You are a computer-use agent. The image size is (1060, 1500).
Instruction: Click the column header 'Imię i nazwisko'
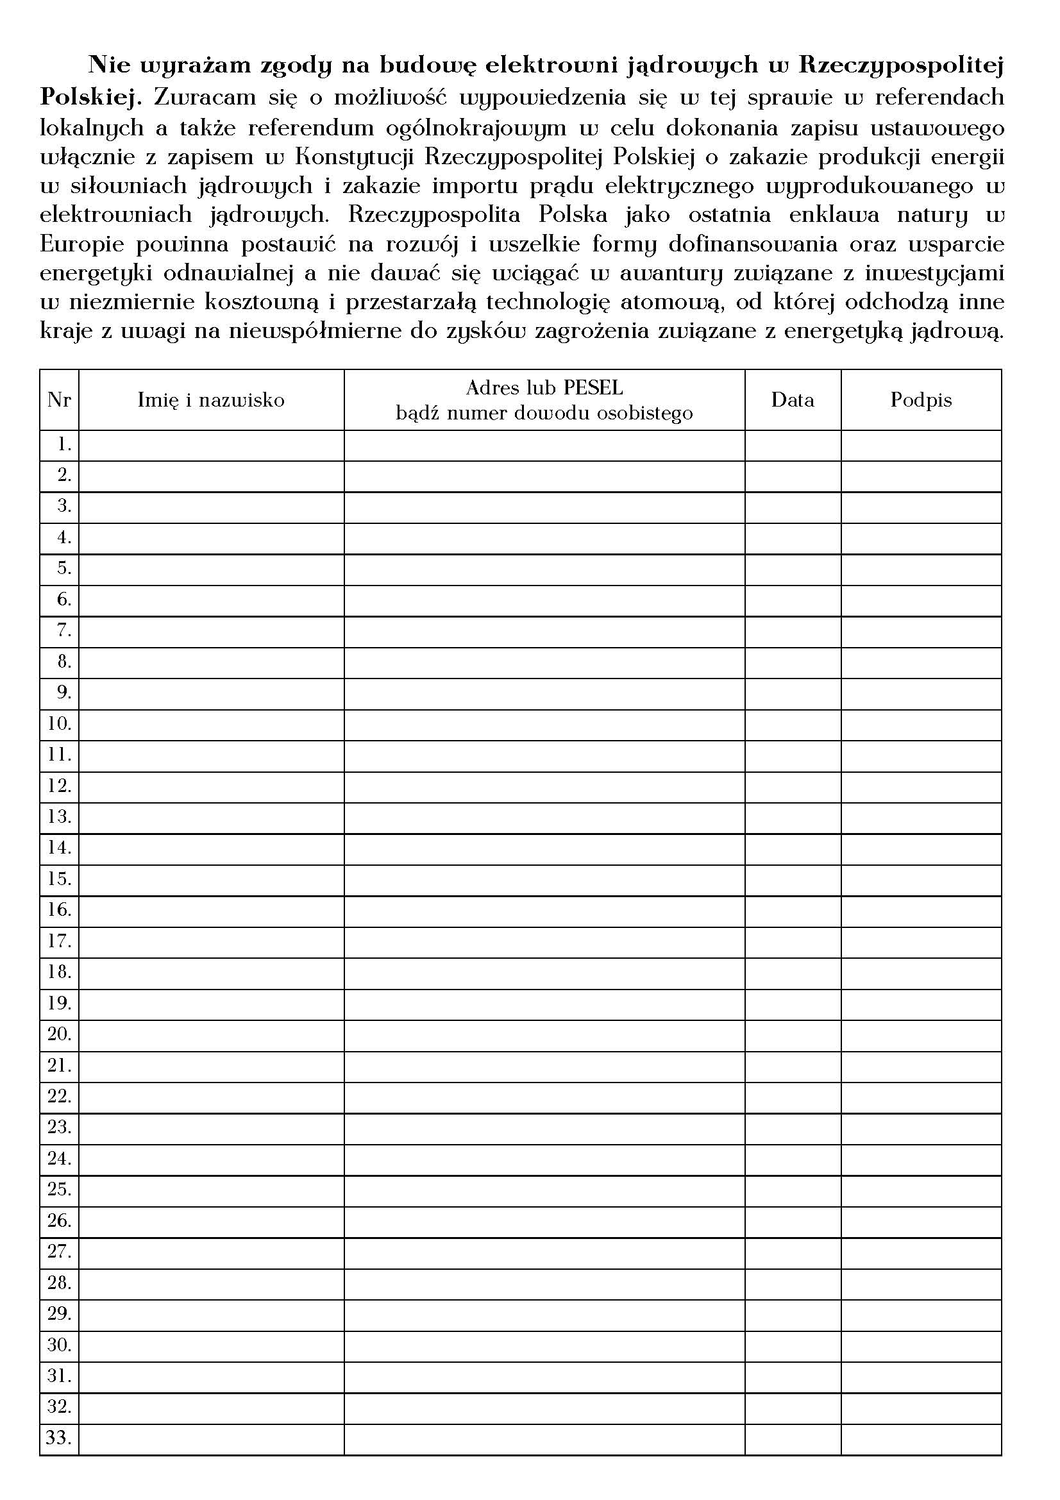(211, 400)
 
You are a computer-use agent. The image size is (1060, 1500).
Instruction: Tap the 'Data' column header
(792, 400)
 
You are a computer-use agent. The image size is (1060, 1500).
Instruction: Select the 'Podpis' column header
(921, 400)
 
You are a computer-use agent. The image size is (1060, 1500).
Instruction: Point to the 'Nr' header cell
(59, 400)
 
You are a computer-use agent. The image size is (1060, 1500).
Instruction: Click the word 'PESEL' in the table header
(593, 388)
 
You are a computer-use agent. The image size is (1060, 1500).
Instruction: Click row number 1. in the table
(64, 445)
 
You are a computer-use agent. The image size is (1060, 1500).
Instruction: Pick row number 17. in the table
(59, 941)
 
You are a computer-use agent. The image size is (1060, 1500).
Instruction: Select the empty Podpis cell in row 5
(921, 569)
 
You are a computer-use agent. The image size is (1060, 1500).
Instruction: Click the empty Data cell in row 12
(792, 787)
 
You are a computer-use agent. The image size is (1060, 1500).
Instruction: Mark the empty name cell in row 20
(211, 1035)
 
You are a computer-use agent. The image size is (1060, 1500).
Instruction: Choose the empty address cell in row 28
(544, 1283)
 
